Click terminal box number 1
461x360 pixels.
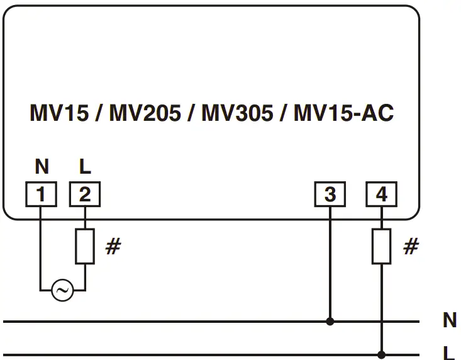pos(42,195)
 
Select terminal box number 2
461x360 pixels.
pos(84,195)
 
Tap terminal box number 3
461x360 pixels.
pos(330,195)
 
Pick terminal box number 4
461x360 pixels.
pos(381,195)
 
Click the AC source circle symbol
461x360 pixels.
pos(62,291)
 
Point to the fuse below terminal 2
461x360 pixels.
pos(84,246)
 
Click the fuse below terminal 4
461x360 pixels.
pos(381,246)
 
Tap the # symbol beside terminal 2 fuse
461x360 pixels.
pos(113,247)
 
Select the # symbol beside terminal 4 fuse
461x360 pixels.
pos(410,247)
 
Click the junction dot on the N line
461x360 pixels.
pos(330,322)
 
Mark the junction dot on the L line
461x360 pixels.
pos(381,354)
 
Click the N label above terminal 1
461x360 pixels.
pos(42,167)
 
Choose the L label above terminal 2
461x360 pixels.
pos(85,167)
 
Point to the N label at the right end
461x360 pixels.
pos(450,321)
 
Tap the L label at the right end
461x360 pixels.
pos(449,353)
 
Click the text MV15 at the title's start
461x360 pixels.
pos(58,114)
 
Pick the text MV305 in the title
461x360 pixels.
pos(237,114)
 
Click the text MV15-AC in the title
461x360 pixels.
pos(343,114)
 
